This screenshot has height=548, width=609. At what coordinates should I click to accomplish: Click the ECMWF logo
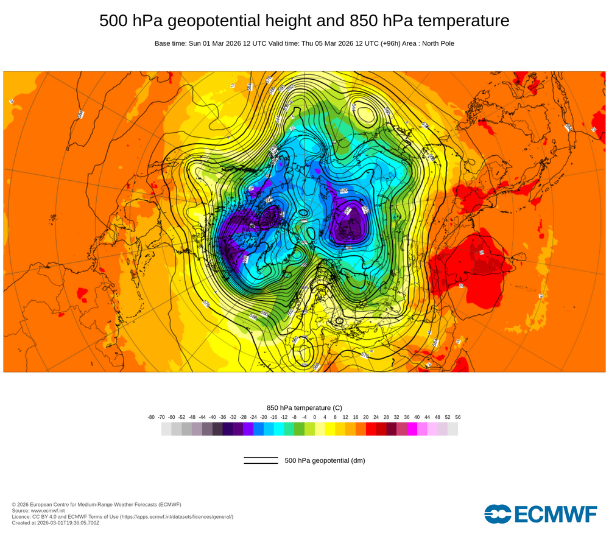click(541, 514)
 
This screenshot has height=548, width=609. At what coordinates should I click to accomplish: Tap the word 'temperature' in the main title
click(468, 21)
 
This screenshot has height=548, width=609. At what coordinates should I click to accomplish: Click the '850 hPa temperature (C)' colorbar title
click(304, 407)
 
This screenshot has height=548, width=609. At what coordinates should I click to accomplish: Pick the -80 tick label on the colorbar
click(151, 417)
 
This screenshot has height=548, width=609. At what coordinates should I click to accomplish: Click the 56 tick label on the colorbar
click(458, 417)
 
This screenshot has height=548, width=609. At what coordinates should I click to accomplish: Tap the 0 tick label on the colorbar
click(315, 417)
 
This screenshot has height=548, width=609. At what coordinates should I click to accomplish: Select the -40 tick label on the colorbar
click(213, 417)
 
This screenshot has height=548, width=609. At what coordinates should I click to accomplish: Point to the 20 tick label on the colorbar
click(366, 417)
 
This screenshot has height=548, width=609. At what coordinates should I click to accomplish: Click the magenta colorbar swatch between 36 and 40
click(412, 429)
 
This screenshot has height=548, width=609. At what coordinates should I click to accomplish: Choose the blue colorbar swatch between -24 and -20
click(258, 429)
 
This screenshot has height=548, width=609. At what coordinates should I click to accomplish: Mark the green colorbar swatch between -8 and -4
click(299, 429)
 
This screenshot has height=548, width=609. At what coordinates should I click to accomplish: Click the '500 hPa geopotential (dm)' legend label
click(325, 460)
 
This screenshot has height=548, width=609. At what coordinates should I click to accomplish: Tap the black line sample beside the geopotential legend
click(261, 460)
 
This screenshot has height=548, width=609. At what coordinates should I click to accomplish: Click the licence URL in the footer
click(176, 516)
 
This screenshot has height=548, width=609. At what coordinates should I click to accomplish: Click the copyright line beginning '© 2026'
click(96, 504)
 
